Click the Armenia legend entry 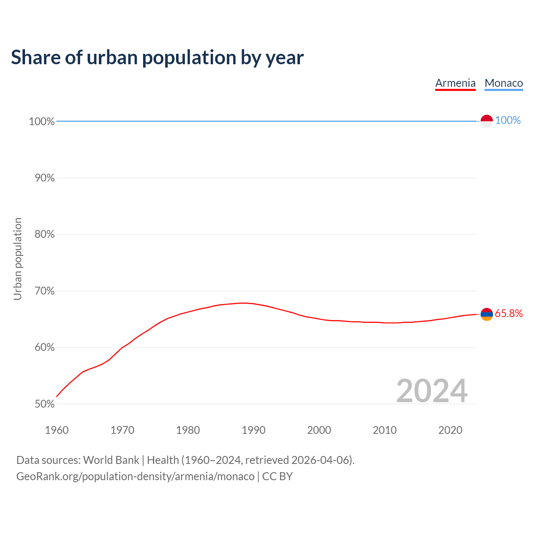coord(455,83)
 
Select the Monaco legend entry coord(504,83)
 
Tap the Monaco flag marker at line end coord(486,121)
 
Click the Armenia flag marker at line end coord(486,314)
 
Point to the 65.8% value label coord(509,314)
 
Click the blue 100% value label coord(508,121)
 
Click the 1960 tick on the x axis coord(57,430)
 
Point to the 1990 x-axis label coord(253,430)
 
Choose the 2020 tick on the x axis coord(450,430)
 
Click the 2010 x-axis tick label coord(385,430)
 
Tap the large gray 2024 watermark coord(431,391)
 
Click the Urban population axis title coord(18,259)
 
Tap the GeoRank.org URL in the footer coord(135,476)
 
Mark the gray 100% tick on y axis coord(42,122)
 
